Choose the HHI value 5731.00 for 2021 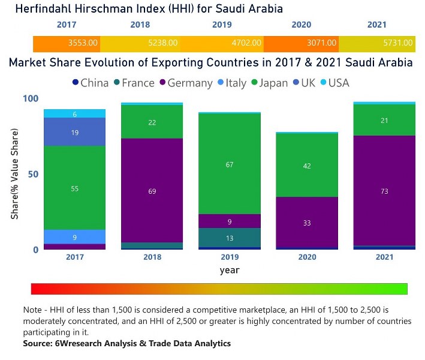[x=398, y=43]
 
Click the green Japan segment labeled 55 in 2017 [x=75, y=188]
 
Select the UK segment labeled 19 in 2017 [x=75, y=133]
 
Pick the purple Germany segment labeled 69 [x=152, y=191]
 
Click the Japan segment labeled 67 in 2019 [x=230, y=164]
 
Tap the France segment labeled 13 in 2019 [x=230, y=238]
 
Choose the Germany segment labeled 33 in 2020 [x=307, y=222]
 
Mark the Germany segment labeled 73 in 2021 [x=384, y=191]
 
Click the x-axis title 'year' [x=230, y=270]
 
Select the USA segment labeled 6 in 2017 [x=75, y=114]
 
